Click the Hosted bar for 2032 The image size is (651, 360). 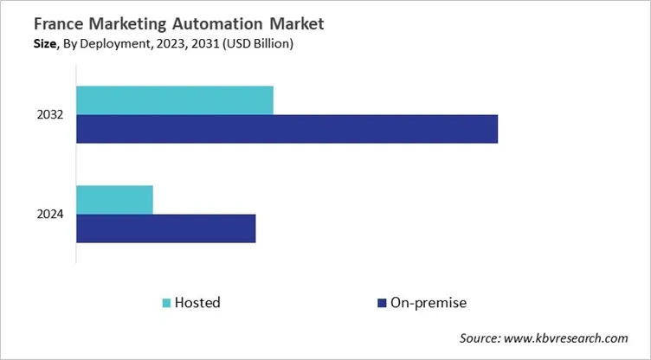(175, 100)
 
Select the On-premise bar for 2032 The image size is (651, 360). (287, 129)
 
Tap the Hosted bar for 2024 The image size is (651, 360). (114, 199)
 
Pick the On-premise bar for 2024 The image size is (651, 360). (165, 228)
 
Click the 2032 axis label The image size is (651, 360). (50, 115)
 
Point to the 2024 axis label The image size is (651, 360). (50, 215)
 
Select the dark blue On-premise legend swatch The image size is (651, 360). (380, 303)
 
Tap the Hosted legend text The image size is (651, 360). (197, 303)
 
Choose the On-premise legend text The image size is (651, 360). (429, 303)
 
